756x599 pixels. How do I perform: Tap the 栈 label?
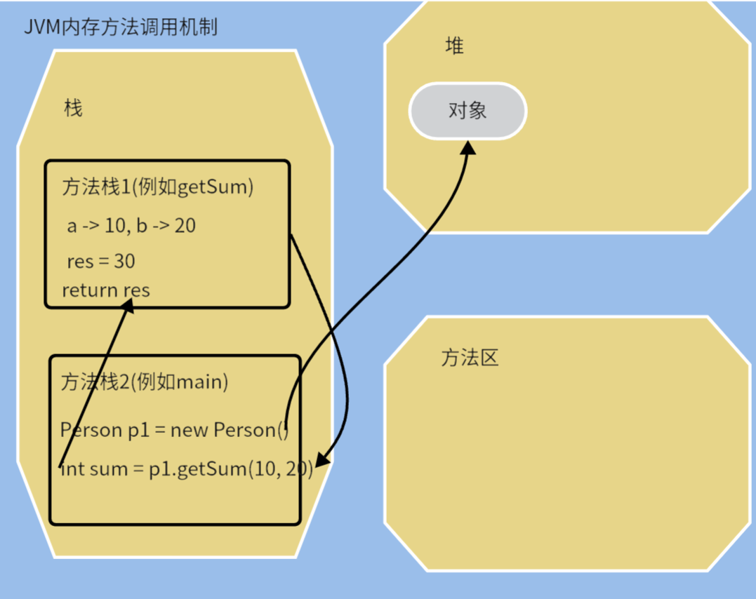pos(73,108)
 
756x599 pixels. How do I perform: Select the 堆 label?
pos(455,46)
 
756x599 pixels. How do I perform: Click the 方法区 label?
pos(470,358)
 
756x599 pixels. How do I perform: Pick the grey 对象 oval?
pos(467,111)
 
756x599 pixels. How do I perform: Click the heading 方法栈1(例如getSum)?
pos(157,187)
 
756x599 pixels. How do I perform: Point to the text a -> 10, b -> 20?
pos(131,226)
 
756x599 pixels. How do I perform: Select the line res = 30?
pos(101,262)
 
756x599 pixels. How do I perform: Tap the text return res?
pos(106,290)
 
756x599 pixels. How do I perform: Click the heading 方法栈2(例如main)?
pos(145,382)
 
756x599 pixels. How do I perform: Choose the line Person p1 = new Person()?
pos(175,429)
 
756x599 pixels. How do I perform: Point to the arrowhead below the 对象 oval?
pos(468,147)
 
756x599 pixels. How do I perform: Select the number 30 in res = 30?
pos(124,262)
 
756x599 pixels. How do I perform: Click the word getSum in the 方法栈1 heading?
pos(211,187)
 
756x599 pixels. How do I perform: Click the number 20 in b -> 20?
pos(185,226)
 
